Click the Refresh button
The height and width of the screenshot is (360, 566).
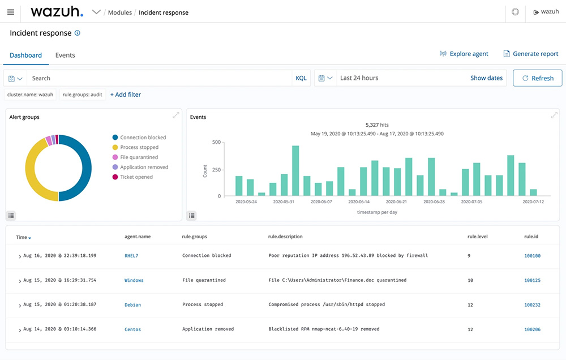[537, 78]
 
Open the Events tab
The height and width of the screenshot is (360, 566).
[65, 55]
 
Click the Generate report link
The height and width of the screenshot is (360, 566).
[531, 54]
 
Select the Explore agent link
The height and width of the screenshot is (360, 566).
[464, 54]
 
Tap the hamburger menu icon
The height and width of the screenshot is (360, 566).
[11, 12]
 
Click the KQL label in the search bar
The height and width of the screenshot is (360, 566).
[301, 78]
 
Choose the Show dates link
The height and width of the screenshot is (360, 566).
[486, 78]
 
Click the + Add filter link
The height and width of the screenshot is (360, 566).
[126, 95]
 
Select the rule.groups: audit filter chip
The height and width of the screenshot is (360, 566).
[83, 95]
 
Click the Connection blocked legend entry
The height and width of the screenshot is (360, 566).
[143, 138]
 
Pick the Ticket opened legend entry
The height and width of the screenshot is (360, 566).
[136, 177]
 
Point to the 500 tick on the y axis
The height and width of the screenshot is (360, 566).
[216, 142]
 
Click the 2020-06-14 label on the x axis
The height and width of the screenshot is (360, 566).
[359, 202]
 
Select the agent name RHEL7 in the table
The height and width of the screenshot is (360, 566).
[131, 256]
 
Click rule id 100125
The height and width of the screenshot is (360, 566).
[532, 280]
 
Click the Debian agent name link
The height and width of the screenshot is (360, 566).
[132, 305]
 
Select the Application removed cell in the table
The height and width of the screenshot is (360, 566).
[208, 329]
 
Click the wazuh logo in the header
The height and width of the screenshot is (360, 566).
[57, 12]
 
